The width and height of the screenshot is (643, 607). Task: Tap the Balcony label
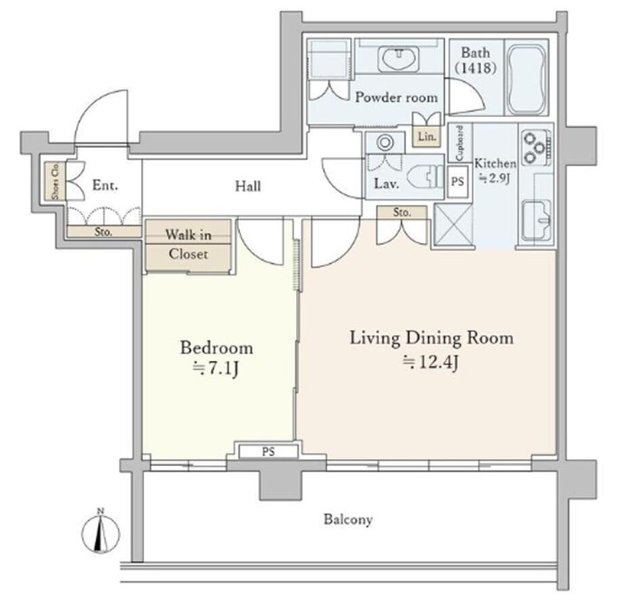348,520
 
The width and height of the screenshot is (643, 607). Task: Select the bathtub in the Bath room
527,80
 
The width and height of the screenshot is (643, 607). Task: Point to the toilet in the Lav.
425,177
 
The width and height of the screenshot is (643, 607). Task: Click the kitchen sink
536,220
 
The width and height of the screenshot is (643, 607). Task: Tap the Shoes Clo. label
55,181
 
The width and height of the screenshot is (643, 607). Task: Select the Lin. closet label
427,137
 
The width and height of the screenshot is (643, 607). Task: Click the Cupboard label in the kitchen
460,143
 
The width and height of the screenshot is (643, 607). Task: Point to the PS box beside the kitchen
458,181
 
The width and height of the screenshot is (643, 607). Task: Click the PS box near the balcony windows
269,451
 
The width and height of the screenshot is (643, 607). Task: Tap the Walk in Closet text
188,244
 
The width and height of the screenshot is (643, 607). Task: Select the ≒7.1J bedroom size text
216,369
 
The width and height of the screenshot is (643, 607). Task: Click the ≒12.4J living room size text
430,362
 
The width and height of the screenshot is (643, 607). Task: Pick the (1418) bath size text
476,68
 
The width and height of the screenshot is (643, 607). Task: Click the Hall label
248,187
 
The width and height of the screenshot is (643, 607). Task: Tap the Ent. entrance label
105,185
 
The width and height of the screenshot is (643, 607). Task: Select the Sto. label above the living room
402,212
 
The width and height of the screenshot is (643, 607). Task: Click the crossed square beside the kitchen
453,224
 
